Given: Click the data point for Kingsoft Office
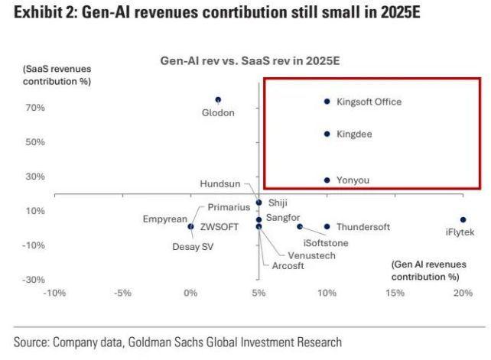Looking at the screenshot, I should tap(327, 101).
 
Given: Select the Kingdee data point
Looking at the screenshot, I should tap(327, 134).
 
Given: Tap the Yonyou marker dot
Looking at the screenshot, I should tap(327, 180).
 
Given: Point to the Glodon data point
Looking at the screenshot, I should tap(218, 99).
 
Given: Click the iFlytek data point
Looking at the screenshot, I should tap(463, 219).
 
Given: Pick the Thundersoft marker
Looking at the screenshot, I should tap(327, 226).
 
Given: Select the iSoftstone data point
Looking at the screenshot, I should tap(300, 226).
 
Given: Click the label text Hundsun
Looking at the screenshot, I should tap(220, 184).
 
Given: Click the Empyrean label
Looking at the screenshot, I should tap(164, 219).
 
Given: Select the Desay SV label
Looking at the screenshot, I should tap(191, 247).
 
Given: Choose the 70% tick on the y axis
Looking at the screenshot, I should tap(35, 108).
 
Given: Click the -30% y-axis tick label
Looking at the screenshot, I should tap(33, 279).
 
